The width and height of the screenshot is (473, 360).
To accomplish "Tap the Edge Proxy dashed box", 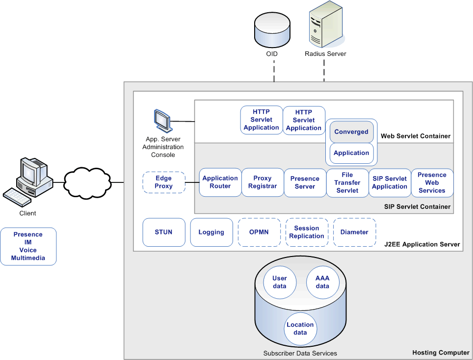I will tap(163, 182).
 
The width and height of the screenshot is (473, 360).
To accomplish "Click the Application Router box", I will tap(220, 182).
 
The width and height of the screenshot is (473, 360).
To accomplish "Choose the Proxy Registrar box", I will tap(263, 182).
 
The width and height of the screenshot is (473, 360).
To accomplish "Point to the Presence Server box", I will tap(305, 182).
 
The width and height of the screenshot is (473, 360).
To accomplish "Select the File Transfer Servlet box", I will tap(347, 182).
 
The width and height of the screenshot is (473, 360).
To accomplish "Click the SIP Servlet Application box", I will tap(390, 182).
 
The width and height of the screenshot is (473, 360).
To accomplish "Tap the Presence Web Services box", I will tap(432, 182).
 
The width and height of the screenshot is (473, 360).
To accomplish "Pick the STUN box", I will tap(163, 232).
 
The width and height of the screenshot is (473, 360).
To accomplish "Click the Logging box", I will tap(211, 232).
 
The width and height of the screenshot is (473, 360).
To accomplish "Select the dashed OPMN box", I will tap(259, 232).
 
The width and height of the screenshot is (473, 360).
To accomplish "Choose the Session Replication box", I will tap(307, 232).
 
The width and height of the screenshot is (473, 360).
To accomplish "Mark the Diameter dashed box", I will tap(354, 232).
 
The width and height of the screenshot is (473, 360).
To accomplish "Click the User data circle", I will tap(280, 282).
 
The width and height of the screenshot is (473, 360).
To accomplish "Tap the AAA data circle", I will tap(322, 282).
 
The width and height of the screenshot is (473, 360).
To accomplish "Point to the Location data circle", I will tap(300, 329).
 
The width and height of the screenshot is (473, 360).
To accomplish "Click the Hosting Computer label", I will tap(441, 353).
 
